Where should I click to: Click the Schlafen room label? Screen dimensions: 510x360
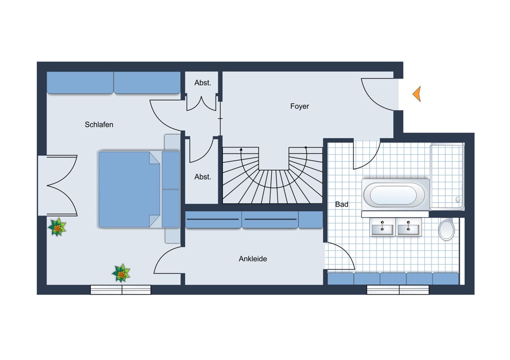click(x=99, y=124)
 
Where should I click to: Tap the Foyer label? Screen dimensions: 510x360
click(x=299, y=107)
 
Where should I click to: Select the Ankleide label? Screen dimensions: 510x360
click(x=253, y=259)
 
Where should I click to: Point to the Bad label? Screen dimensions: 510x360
click(x=342, y=204)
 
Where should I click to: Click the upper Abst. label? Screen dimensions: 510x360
click(x=202, y=83)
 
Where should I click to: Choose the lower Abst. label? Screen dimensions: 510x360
click(x=202, y=177)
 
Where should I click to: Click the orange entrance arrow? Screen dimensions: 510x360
click(x=417, y=94)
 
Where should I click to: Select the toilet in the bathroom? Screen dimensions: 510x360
click(x=447, y=229)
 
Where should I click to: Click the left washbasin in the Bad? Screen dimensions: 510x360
click(x=382, y=227)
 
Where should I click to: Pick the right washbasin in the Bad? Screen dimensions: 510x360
click(x=409, y=227)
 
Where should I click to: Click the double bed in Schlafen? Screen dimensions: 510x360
click(x=139, y=189)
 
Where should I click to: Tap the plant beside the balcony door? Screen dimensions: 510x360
click(x=57, y=227)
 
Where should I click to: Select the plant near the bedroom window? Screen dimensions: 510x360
click(x=121, y=273)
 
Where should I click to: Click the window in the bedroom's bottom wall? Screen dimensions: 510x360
click(x=121, y=290)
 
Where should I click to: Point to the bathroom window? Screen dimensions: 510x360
click(x=398, y=290)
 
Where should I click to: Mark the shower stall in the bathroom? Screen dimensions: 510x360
click(x=447, y=176)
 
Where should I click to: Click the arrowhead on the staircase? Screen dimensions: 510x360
click(x=241, y=149)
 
